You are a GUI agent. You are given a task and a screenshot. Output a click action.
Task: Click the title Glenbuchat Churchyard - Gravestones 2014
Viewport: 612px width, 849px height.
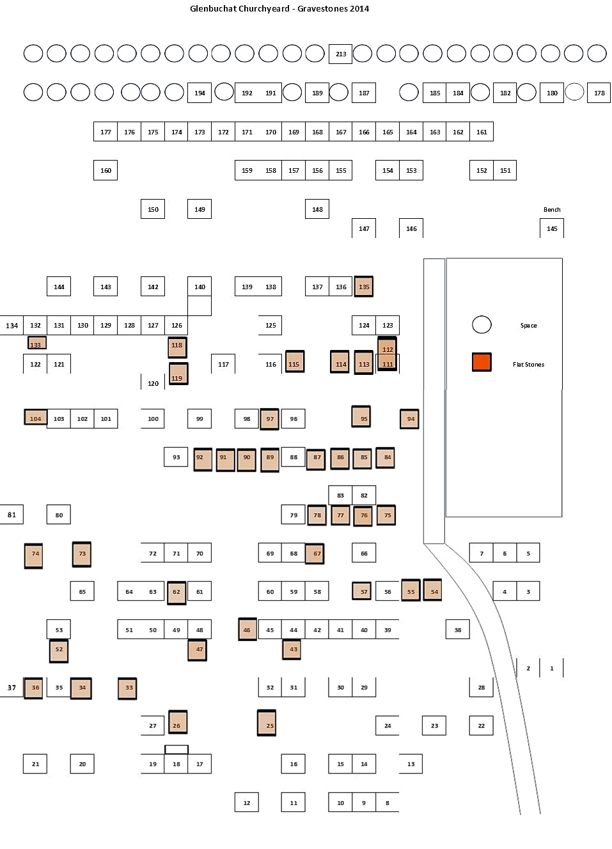click(x=279, y=9)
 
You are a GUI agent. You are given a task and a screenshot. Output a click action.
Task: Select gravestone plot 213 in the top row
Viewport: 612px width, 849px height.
click(x=340, y=54)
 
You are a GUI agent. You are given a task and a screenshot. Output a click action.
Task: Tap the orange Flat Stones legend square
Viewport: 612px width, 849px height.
click(x=482, y=362)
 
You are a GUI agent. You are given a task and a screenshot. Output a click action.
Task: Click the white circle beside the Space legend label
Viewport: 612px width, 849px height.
click(x=482, y=325)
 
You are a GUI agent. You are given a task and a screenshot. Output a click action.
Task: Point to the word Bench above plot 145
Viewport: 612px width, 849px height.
click(x=552, y=210)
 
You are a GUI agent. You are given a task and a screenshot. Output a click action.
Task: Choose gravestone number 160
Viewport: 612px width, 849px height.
click(x=106, y=170)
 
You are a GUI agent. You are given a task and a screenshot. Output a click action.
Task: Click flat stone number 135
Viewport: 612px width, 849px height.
click(x=364, y=287)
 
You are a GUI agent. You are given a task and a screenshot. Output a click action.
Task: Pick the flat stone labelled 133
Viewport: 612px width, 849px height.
click(x=36, y=343)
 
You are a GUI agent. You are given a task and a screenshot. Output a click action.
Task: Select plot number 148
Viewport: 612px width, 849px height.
click(x=317, y=209)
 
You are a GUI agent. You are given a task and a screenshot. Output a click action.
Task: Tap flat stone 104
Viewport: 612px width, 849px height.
click(x=36, y=417)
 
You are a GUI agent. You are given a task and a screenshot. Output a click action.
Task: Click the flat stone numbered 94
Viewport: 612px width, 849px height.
click(x=410, y=419)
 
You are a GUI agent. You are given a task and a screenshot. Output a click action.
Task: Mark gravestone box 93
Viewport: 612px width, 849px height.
click(x=176, y=457)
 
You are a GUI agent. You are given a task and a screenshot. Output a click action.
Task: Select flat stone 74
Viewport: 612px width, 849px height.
click(x=33, y=556)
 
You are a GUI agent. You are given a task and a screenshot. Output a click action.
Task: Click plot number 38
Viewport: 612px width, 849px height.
click(x=458, y=630)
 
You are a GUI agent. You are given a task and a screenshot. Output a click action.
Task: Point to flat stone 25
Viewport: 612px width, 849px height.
click(x=267, y=723)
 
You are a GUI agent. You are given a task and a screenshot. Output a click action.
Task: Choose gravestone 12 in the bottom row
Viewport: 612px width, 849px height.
click(x=247, y=802)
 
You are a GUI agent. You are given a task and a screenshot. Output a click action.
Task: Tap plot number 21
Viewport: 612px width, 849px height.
click(x=35, y=764)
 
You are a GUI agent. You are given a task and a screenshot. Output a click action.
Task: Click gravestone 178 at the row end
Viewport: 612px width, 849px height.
click(x=599, y=93)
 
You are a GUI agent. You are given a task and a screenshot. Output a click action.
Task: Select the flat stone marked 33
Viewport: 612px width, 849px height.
click(x=127, y=688)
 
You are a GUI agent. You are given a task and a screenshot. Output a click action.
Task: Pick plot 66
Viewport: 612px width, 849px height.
click(x=364, y=553)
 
